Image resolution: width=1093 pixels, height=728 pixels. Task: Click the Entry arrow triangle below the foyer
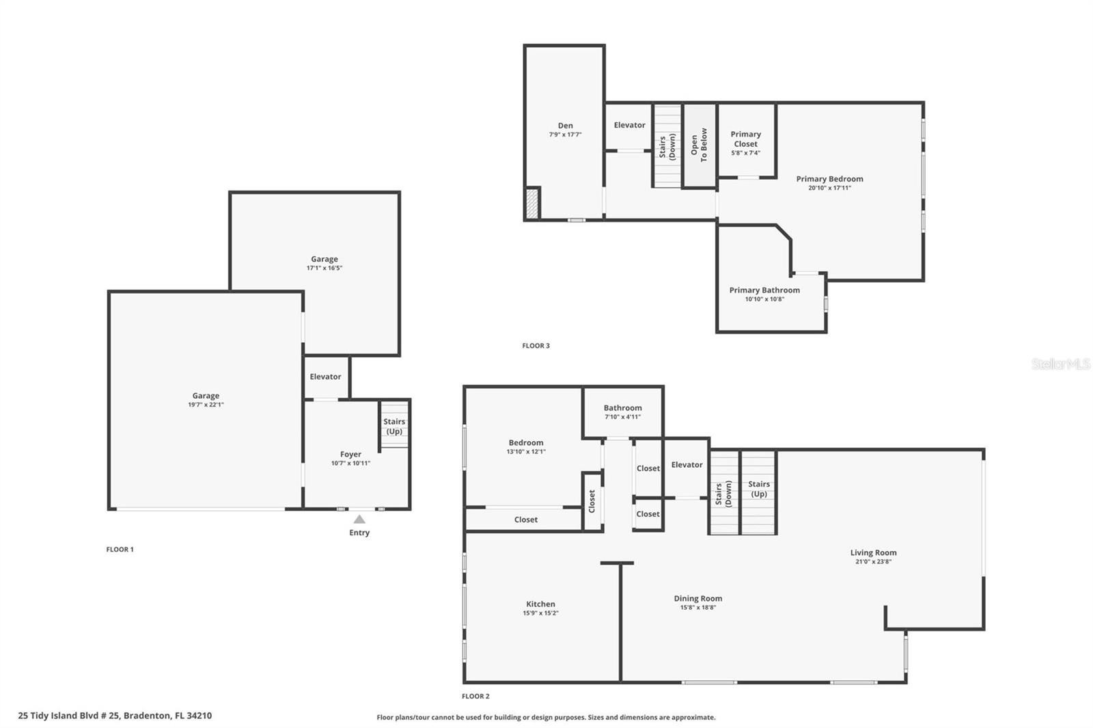click(359, 519)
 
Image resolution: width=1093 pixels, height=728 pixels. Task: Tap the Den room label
click(566, 126)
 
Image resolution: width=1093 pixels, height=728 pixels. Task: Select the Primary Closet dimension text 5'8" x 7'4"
click(745, 153)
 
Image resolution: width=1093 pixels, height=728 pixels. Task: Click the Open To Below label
click(699, 145)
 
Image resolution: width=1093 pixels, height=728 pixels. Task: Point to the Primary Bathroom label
click(764, 290)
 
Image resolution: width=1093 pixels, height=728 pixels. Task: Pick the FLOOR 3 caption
click(536, 346)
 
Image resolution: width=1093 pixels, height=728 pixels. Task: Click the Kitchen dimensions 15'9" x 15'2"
click(540, 613)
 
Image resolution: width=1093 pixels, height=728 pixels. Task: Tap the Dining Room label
click(698, 598)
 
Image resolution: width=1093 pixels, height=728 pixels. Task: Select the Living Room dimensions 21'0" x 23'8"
click(874, 561)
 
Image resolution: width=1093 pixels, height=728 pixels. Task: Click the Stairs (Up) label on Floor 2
click(759, 488)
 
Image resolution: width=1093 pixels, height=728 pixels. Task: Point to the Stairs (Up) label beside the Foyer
click(394, 426)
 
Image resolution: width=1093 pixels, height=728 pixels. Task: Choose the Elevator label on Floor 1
click(325, 376)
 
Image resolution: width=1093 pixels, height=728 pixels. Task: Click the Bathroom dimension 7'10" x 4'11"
click(622, 417)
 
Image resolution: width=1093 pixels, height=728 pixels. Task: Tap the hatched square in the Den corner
click(532, 204)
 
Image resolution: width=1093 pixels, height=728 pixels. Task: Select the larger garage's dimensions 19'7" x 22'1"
click(206, 404)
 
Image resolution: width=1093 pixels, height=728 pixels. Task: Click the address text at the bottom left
click(115, 715)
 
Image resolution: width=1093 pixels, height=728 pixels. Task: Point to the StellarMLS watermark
click(1061, 363)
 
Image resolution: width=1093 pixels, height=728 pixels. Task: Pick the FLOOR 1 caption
click(120, 549)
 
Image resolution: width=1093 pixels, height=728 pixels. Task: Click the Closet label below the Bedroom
click(526, 520)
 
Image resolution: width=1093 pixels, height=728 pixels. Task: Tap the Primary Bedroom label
click(829, 178)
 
